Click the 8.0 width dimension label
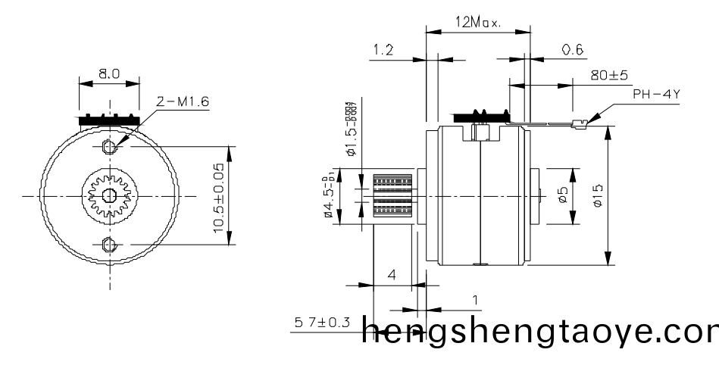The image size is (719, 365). tap(109, 75)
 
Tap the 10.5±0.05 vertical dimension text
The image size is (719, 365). tap(220, 197)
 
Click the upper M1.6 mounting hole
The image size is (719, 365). tap(108, 145)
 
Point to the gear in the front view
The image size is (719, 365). tap(108, 195)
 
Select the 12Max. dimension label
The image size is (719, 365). tap(477, 23)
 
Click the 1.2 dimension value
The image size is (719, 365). tap(383, 50)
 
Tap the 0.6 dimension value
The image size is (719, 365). tap(573, 50)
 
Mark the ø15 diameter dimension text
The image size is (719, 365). tap(599, 196)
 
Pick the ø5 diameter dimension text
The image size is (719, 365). tap(561, 196)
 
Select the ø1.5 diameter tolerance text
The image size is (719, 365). tap(351, 129)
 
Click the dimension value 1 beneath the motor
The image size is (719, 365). tap(475, 301)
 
